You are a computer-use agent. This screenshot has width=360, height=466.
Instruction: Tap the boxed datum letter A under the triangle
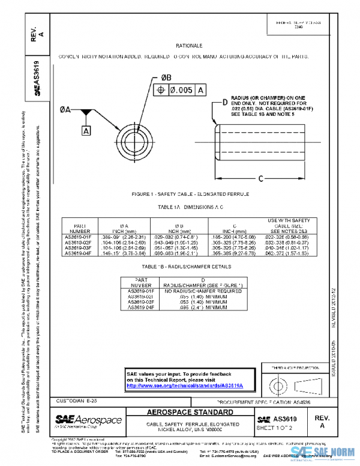point(86,130)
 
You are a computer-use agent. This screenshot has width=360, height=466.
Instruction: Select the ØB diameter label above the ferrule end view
point(166,77)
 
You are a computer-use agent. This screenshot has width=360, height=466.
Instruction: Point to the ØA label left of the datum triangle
point(65,110)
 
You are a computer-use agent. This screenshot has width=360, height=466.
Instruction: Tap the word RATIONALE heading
point(189,46)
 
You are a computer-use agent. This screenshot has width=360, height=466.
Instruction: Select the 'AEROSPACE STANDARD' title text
point(191,413)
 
